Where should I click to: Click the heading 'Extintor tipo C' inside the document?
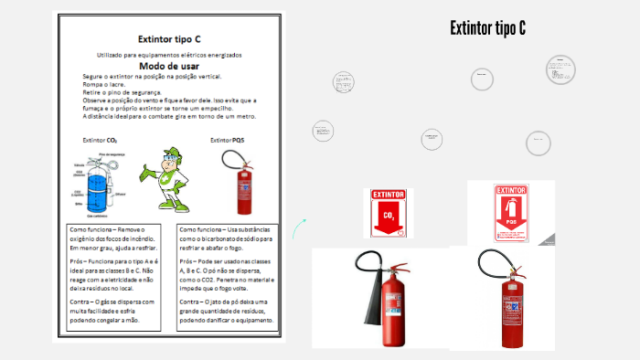[168, 39]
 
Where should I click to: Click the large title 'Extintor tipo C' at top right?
[487, 28]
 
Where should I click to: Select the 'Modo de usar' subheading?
[168, 67]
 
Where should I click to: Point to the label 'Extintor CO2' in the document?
[100, 141]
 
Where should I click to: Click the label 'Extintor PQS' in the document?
[227, 141]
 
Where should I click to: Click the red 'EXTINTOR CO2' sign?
[388, 213]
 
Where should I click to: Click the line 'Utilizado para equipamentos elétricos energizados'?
[169, 56]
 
